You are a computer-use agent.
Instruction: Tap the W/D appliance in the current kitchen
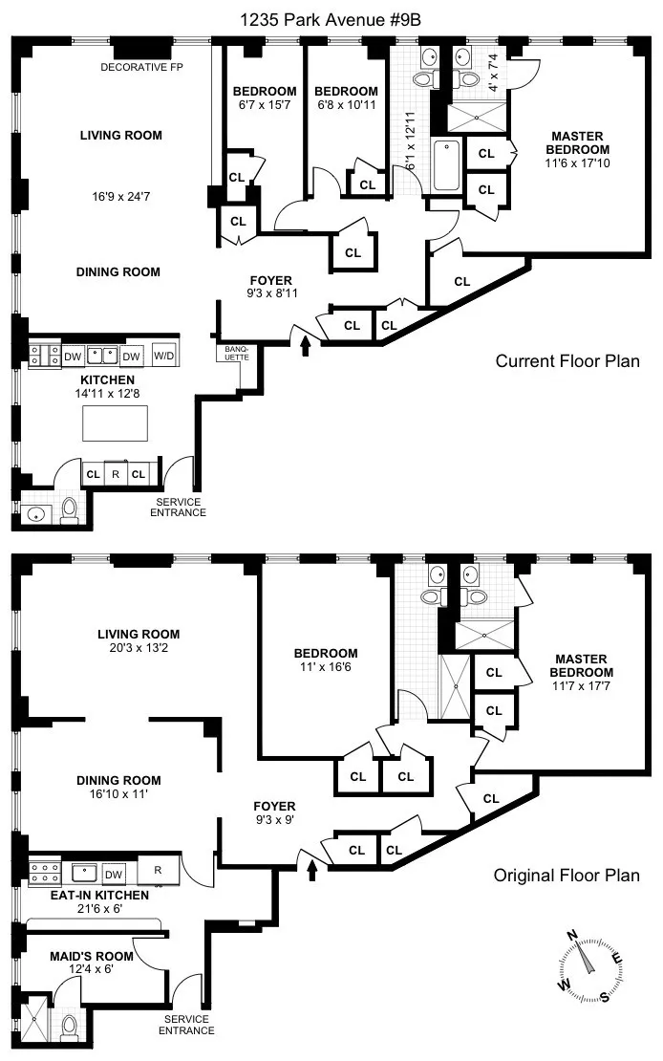pos(165,355)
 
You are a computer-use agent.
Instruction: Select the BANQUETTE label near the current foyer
pos(236,353)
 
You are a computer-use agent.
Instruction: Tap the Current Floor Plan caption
pos(567,361)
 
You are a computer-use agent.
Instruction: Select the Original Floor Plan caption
pos(567,875)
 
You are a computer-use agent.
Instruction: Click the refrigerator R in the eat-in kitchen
pos(159,871)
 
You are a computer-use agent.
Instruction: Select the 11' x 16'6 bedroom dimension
pos(326,669)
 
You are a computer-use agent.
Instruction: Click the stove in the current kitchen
pos(40,356)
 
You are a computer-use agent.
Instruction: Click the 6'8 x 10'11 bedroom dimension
pos(347,106)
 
